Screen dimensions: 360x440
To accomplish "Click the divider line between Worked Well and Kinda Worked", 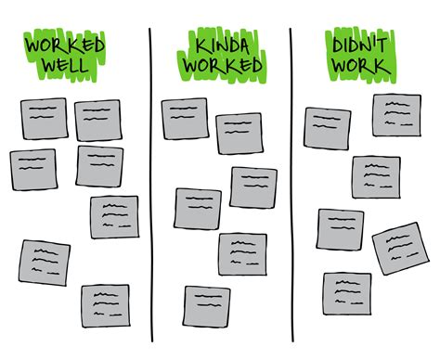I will (150, 186).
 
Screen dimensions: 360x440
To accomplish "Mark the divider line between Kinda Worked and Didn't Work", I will (291, 186).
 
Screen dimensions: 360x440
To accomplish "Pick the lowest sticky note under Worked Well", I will (104, 306).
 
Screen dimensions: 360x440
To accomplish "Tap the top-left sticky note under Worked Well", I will (44, 118).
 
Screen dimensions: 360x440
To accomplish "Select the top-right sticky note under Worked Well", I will (98, 120).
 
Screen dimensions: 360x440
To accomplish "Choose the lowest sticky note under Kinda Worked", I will (207, 307).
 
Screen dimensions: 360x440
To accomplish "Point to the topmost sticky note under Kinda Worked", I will (186, 119).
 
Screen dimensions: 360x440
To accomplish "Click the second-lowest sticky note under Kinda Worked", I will (242, 253).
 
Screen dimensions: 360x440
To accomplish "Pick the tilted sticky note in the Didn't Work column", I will (398, 248).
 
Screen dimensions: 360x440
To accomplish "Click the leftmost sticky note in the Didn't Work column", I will (327, 127).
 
